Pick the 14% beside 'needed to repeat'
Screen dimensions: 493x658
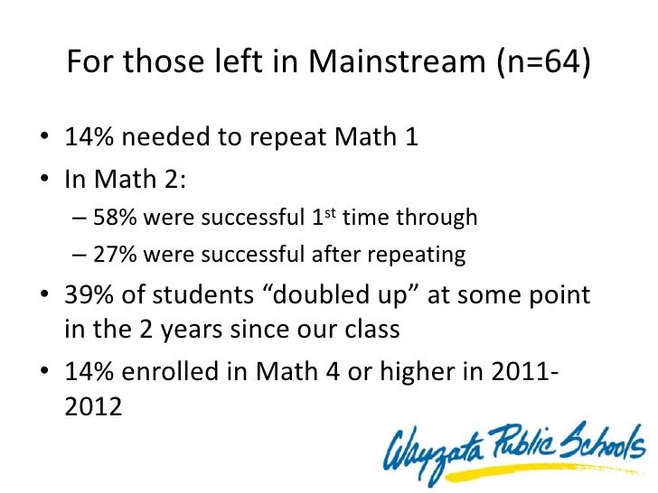point(90,140)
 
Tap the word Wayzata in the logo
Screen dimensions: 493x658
point(431,448)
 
